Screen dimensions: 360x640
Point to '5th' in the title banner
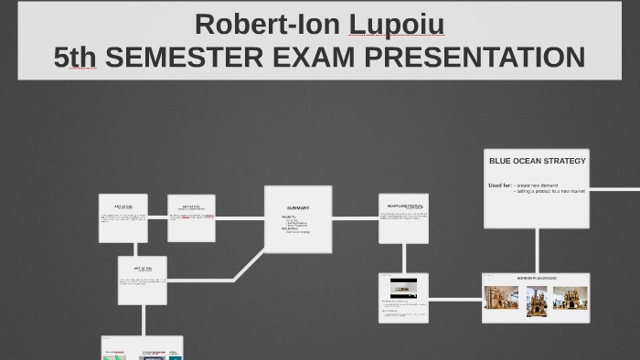(75, 58)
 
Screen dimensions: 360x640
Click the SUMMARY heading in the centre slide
(298, 207)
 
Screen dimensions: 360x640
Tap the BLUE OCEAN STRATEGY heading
(537, 161)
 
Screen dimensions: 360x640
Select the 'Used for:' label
(499, 185)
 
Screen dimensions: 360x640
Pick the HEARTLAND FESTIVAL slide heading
(403, 206)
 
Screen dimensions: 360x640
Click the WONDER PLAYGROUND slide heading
(537, 277)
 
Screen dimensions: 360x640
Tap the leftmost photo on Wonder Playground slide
(501, 298)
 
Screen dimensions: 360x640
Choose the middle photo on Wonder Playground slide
(536, 298)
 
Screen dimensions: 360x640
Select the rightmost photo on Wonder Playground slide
(570, 298)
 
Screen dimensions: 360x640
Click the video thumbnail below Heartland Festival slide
(403, 288)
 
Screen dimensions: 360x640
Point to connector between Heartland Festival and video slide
(403, 258)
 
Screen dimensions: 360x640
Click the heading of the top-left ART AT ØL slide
(123, 206)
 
